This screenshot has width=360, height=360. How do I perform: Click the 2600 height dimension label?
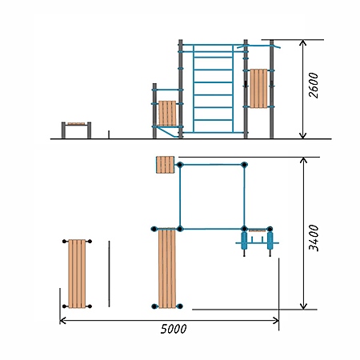click(x=314, y=86)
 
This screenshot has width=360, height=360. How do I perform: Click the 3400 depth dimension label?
click(x=314, y=238)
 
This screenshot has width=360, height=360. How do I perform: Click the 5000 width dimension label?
click(x=174, y=329)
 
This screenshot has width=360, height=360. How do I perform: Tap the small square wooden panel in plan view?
click(x=165, y=165)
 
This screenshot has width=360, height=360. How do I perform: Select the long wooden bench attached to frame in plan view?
click(x=167, y=268)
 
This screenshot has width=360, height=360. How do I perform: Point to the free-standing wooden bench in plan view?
click(x=77, y=274)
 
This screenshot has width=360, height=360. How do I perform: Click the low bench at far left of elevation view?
click(x=76, y=130)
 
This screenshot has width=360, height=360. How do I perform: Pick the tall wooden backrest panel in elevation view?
click(x=258, y=89)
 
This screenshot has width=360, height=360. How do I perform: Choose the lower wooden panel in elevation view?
click(x=167, y=114)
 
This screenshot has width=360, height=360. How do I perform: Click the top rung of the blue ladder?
click(x=213, y=57)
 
